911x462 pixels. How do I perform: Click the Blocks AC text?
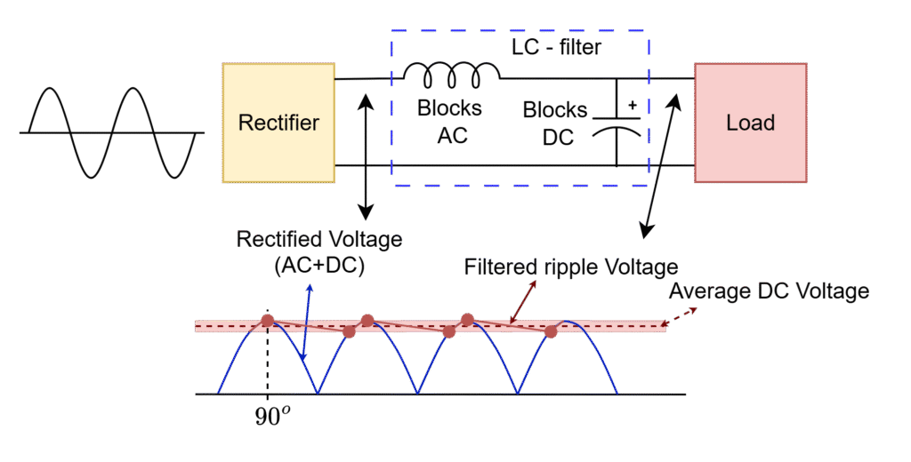(449, 121)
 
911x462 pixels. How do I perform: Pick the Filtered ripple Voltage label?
(571, 267)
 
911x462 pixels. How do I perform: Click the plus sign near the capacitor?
(633, 106)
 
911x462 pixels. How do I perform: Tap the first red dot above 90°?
(267, 321)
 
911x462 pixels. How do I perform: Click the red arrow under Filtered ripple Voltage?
(524, 299)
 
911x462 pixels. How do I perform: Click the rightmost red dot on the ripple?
(551, 331)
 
